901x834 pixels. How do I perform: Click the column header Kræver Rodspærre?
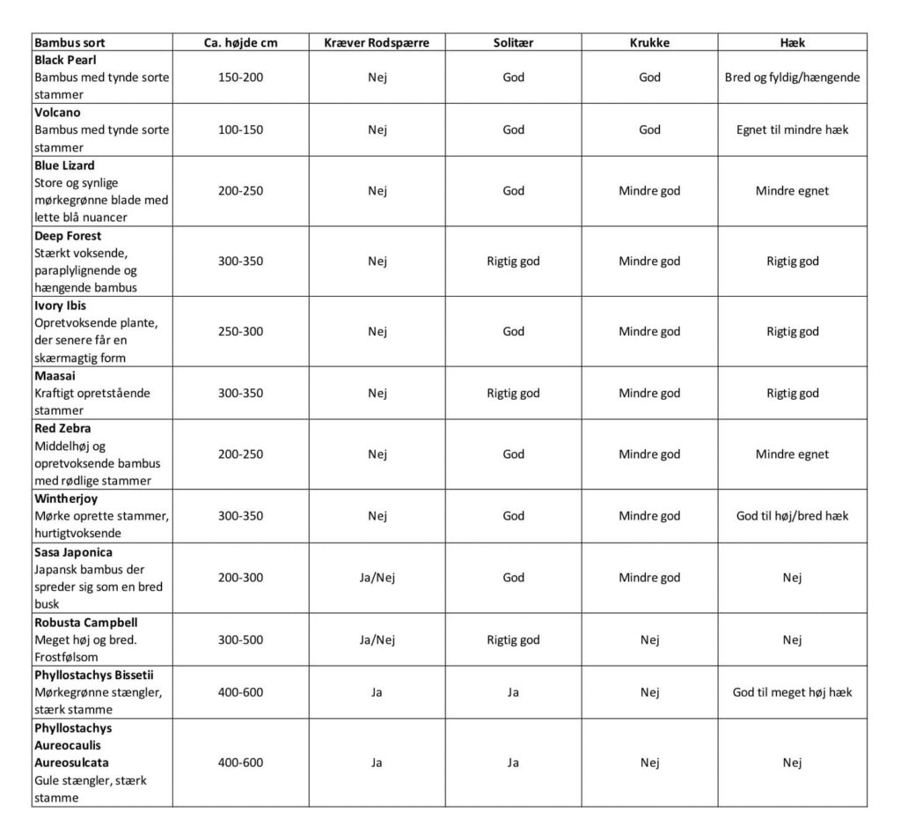click(x=377, y=42)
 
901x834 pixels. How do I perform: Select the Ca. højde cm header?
click(x=240, y=42)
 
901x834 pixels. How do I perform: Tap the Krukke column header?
click(x=649, y=42)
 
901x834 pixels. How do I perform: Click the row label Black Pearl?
click(x=60, y=60)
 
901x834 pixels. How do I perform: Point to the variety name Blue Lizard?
click(x=64, y=166)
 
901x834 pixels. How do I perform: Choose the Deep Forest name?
click(x=68, y=236)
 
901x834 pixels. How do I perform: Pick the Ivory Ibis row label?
click(x=61, y=306)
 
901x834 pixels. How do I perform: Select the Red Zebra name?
click(x=62, y=429)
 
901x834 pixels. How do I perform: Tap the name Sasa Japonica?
click(x=73, y=552)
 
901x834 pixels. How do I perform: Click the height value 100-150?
click(x=240, y=130)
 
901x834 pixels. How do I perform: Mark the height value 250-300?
click(x=240, y=332)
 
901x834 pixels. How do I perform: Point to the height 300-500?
click(x=240, y=640)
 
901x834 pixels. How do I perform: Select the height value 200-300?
click(x=240, y=579)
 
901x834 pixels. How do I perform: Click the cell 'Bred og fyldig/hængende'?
click(x=792, y=77)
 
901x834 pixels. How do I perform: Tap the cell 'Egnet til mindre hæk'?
click(x=792, y=130)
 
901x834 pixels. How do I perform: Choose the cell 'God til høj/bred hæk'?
click(x=792, y=516)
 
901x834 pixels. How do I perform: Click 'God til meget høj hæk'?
click(x=792, y=692)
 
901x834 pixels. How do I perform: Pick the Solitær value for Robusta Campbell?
click(x=513, y=640)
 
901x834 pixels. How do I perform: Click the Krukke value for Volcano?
click(x=649, y=130)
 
